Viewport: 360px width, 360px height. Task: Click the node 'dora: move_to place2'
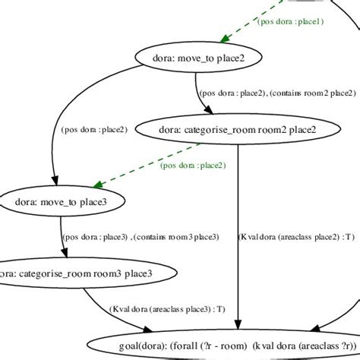click(200, 56)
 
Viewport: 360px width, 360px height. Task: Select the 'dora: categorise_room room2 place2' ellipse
click(238, 129)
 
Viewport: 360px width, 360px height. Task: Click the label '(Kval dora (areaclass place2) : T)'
click(296, 236)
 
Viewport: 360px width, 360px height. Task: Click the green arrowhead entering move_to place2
click(221, 39)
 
